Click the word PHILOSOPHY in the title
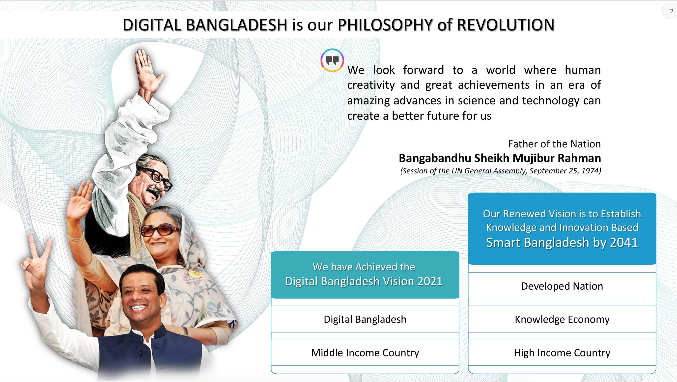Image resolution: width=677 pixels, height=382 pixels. pyautogui.click(x=385, y=25)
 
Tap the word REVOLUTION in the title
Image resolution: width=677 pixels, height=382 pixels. pyautogui.click(x=506, y=25)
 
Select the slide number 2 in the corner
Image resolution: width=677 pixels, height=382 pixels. pyautogui.click(x=672, y=12)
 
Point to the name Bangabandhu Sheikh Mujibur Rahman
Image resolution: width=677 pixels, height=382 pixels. pyautogui.click(x=500, y=158)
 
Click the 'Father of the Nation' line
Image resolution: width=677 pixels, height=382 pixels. pyautogui.click(x=554, y=144)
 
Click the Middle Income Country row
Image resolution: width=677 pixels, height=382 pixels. pyautogui.click(x=365, y=353)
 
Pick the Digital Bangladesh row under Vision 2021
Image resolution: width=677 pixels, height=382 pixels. pyautogui.click(x=365, y=319)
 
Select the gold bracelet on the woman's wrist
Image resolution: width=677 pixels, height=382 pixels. pyautogui.click(x=76, y=235)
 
